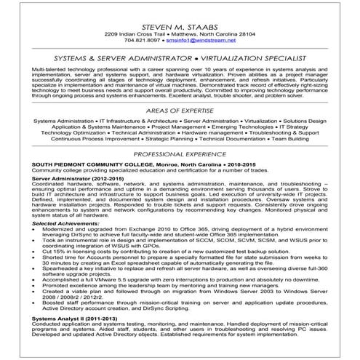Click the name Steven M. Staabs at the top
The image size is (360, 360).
click(x=180, y=24)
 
